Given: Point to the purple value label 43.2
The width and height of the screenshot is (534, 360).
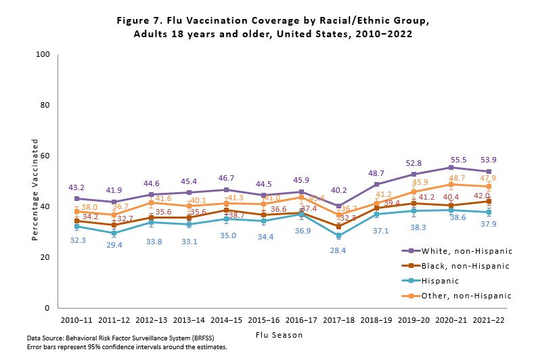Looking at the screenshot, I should point(77,187).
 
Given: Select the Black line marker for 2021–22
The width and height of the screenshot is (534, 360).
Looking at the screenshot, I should point(487,201).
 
